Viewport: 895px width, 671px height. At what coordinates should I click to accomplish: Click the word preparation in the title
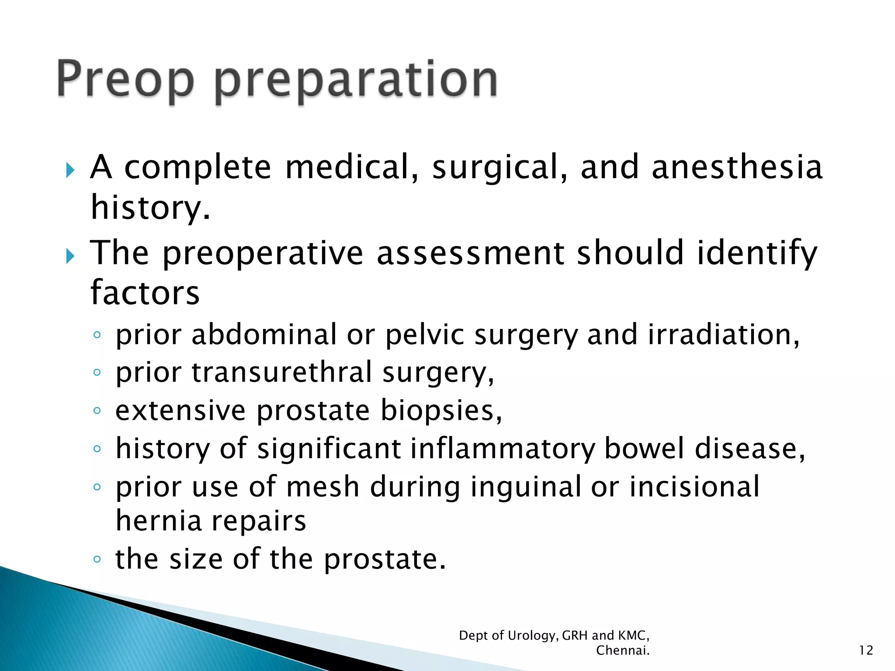(x=356, y=81)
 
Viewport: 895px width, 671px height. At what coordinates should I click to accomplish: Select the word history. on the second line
(x=150, y=208)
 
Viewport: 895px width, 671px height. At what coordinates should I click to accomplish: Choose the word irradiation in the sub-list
(x=723, y=335)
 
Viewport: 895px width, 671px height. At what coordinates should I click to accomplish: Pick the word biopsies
(x=441, y=411)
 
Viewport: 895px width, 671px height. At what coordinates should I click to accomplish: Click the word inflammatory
(x=503, y=449)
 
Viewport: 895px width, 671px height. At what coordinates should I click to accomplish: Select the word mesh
(x=323, y=487)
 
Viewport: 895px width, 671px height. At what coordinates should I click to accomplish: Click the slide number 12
(x=866, y=650)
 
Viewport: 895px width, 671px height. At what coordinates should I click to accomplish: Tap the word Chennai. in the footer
(x=623, y=650)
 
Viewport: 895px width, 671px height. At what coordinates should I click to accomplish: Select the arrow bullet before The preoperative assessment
(x=70, y=256)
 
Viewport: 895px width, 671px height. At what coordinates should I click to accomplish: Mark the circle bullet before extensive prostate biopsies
(x=97, y=411)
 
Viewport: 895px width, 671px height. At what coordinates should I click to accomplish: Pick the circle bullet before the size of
(x=97, y=559)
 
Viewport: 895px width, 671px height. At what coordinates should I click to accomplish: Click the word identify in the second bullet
(x=756, y=253)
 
